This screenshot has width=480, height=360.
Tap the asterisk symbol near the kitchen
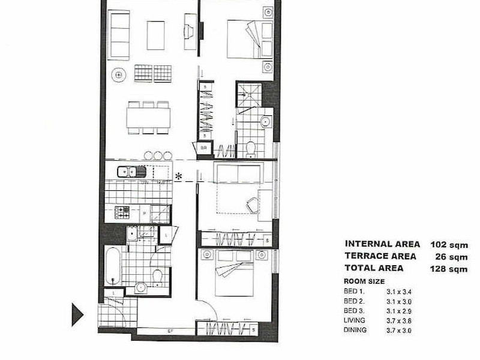tap(178, 176)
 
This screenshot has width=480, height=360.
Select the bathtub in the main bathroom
tap(113, 265)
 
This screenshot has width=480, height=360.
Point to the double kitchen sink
tap(131, 172)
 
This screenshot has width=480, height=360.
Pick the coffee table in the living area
tap(155, 35)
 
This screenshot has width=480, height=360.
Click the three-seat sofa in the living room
tap(119, 35)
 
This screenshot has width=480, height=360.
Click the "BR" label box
tap(203, 148)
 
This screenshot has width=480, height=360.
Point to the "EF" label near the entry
tap(170, 331)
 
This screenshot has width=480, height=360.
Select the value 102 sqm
tap(449, 245)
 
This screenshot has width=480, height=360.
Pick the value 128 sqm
tap(449, 269)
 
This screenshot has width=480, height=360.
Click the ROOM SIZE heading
tap(364, 281)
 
